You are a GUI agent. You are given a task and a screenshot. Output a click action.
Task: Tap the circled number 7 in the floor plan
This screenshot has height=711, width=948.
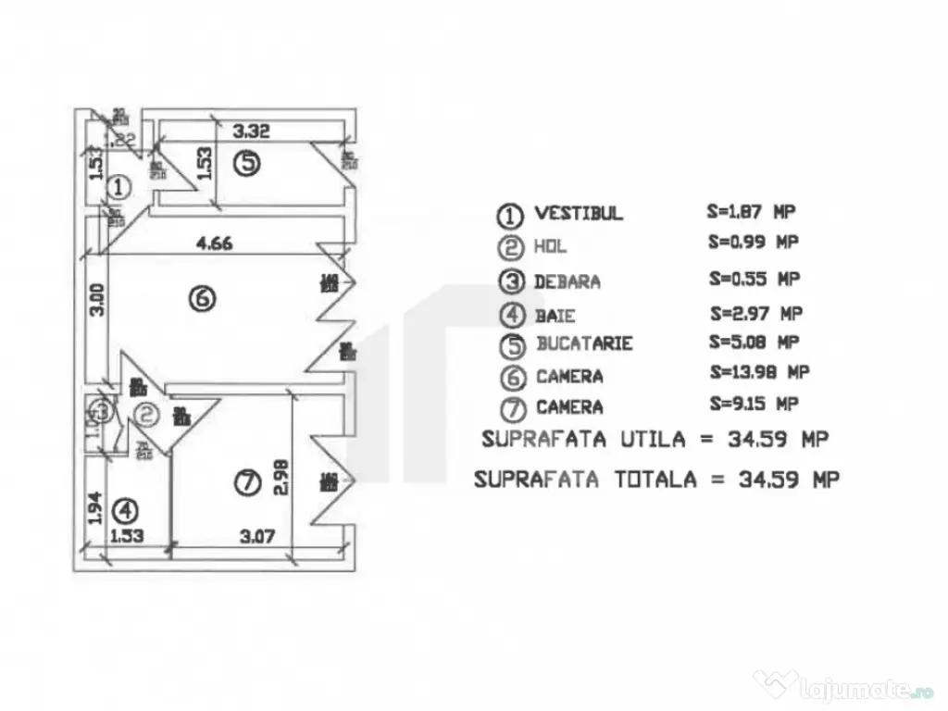tap(244, 481)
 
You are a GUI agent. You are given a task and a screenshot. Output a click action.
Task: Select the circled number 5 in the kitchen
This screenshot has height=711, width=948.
tap(246, 163)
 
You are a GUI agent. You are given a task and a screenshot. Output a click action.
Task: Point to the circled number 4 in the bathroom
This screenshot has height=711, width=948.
tap(124, 510)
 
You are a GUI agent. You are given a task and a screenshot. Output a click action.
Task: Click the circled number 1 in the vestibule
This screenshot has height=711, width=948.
tap(118, 187)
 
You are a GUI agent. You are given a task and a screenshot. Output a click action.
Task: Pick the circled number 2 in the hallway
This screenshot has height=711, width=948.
tap(145, 417)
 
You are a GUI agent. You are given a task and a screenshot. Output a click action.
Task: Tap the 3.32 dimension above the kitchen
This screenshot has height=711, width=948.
tap(251, 132)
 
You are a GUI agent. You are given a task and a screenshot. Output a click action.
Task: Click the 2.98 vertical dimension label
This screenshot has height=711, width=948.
tap(282, 480)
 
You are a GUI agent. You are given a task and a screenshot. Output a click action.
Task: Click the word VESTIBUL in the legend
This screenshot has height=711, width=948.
tap(579, 214)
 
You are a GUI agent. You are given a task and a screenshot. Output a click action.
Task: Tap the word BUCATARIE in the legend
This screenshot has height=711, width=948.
tap(584, 343)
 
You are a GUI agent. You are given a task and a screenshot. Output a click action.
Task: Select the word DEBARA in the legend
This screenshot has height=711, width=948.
tap(567, 281)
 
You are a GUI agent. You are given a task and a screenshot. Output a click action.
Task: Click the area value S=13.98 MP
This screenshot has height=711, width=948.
tap(759, 372)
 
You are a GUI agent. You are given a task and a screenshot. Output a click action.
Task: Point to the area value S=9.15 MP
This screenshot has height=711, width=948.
tap(754, 404)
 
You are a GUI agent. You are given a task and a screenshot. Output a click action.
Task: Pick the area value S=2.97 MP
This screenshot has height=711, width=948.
tap(755, 312)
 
